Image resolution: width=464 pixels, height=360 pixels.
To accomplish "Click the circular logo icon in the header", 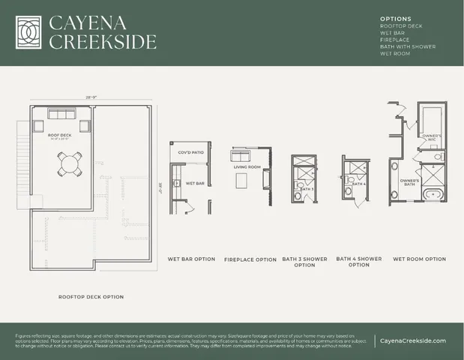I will point(29,31).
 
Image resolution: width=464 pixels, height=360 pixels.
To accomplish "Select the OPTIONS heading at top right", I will point(395,18).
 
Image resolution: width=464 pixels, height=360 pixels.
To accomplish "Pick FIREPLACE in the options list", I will point(394,39).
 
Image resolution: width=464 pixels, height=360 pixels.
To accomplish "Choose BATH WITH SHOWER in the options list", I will point(407,46).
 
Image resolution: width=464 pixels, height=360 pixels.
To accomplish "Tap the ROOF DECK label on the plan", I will point(49,135).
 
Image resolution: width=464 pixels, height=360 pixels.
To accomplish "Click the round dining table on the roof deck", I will point(69,163).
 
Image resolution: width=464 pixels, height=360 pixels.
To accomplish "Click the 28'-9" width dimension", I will point(92,97).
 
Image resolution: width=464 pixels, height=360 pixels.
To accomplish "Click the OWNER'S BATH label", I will point(409,181).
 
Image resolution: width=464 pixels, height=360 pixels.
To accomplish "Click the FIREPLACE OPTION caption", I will point(250,260).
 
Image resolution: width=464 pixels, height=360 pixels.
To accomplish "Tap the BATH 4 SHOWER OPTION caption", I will point(359,262).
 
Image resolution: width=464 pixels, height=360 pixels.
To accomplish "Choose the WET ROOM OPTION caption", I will point(419,259).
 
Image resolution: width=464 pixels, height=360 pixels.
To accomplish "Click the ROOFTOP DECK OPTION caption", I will point(91,297).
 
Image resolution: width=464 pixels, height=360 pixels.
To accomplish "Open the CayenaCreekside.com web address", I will point(413,340).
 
